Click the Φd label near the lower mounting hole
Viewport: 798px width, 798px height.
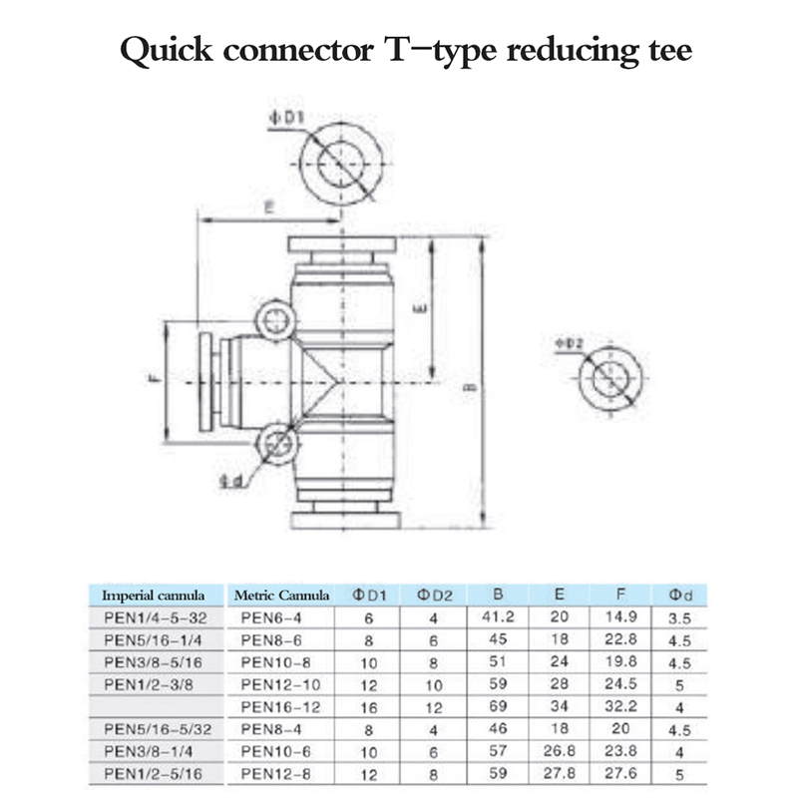pos(229,481)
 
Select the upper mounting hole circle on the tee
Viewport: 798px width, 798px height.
pos(274,321)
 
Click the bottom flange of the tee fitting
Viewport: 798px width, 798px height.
pos(344,520)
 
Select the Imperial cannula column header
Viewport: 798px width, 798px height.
pos(154,596)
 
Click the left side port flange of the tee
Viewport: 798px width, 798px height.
pos(206,382)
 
